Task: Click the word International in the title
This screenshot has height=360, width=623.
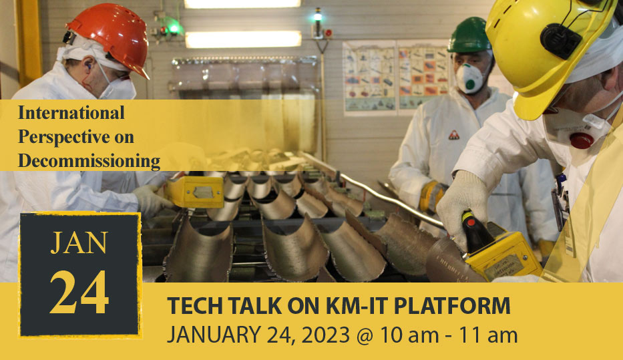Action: click(71, 113)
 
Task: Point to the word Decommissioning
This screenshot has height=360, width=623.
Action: click(89, 161)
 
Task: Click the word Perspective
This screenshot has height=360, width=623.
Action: click(76, 137)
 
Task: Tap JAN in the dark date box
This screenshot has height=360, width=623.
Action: click(79, 243)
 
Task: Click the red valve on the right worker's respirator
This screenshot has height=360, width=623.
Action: click(582, 140)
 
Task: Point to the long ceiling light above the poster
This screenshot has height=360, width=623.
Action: click(243, 39)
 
